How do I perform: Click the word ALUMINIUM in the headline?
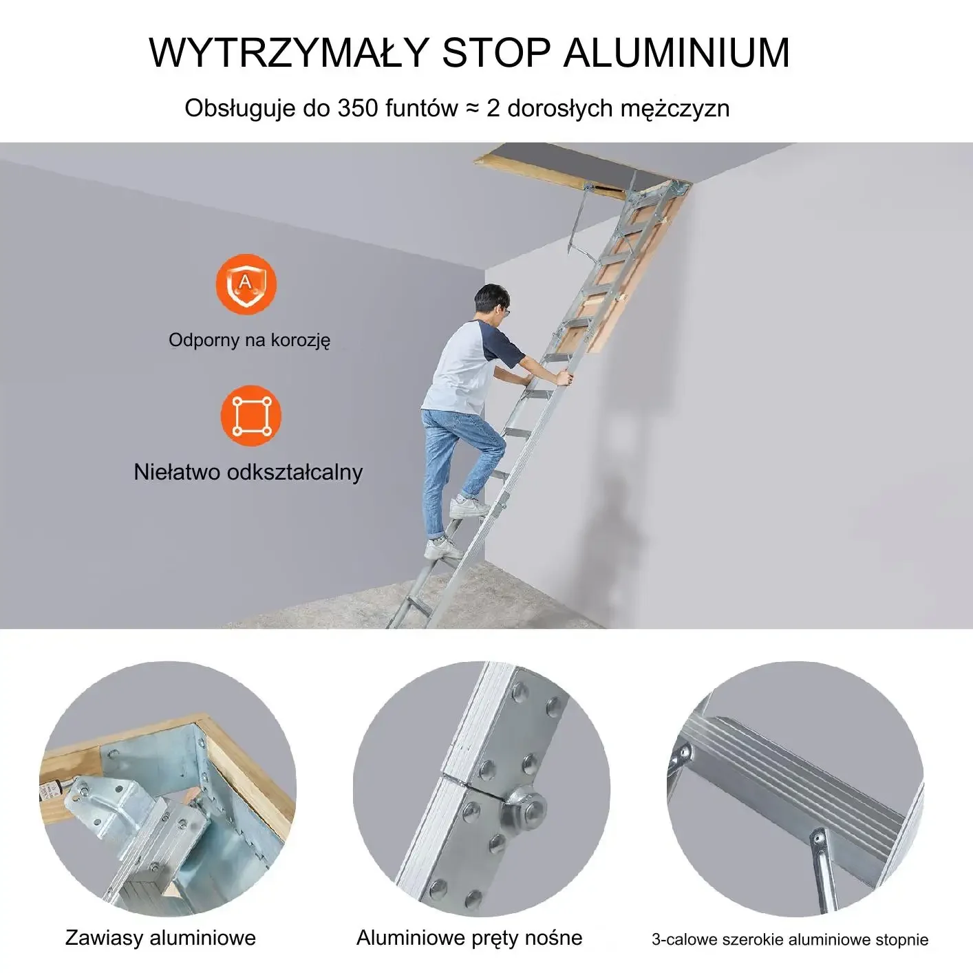point(676,52)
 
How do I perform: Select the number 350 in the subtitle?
point(358,108)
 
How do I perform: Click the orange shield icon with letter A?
point(246,284)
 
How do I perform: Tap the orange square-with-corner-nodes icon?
point(251,416)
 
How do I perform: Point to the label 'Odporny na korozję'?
point(249,340)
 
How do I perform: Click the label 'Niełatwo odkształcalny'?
point(248,472)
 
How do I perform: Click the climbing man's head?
point(492,304)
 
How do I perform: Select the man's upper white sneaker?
point(469,506)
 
